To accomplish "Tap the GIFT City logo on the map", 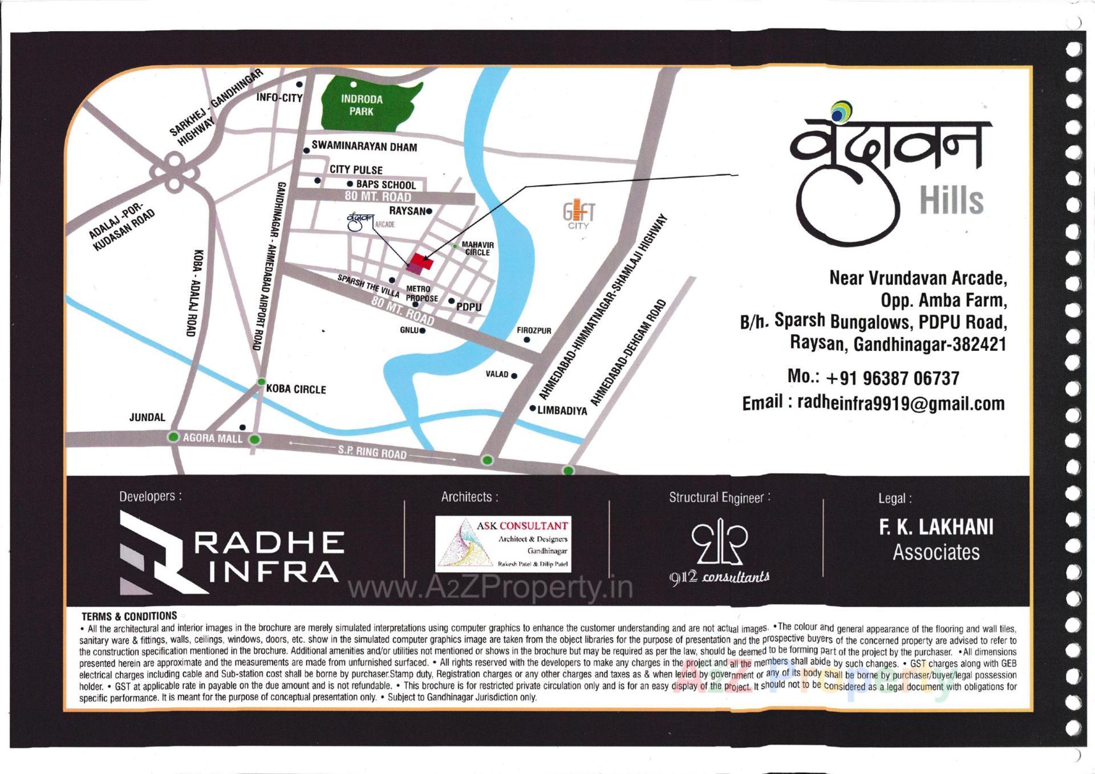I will point(578,214).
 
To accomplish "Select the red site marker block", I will point(421,262).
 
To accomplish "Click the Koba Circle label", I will point(296,389).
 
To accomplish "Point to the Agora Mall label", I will point(212,438).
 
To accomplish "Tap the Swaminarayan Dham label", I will point(364,147).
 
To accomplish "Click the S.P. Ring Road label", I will point(372,452).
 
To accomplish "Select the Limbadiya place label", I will point(562,410).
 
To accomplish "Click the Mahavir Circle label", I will point(477,248).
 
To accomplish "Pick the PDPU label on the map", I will point(469,307).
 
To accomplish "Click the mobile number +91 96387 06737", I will point(873,378).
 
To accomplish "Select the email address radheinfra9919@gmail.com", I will point(901,403).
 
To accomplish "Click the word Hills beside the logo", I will point(951,200).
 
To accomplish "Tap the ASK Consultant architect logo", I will point(503,544).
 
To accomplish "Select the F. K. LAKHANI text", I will point(936,527).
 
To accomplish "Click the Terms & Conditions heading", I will point(129,616).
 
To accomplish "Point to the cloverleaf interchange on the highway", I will point(174,171).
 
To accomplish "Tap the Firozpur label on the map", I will point(534,330).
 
